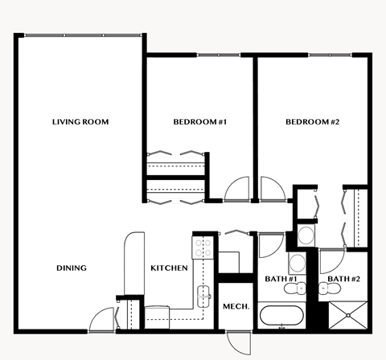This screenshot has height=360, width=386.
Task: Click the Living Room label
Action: [x=80, y=122]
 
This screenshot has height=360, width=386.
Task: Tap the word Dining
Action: [x=72, y=268]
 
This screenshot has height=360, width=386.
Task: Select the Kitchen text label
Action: [x=170, y=268]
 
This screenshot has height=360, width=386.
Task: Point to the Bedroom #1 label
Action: [x=200, y=122]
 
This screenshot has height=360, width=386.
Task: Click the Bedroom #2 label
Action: [x=313, y=122]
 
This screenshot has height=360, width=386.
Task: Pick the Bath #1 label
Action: [x=281, y=279]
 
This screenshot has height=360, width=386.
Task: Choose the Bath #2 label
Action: [x=343, y=279]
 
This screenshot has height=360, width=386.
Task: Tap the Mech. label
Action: [x=236, y=307]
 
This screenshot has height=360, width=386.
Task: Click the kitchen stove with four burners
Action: [x=202, y=245]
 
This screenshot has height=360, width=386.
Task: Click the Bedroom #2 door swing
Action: [x=270, y=190]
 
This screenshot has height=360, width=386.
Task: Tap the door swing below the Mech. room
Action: [x=238, y=342]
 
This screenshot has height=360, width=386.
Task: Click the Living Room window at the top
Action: [x=80, y=35]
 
